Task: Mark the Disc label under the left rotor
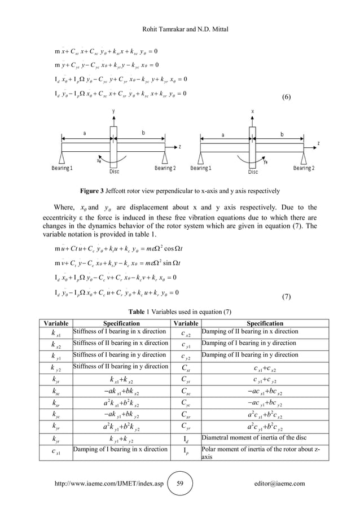click(x=113, y=172)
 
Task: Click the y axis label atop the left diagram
click(x=114, y=111)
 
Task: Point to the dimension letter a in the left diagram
click(x=85, y=133)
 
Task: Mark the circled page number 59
click(x=179, y=483)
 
